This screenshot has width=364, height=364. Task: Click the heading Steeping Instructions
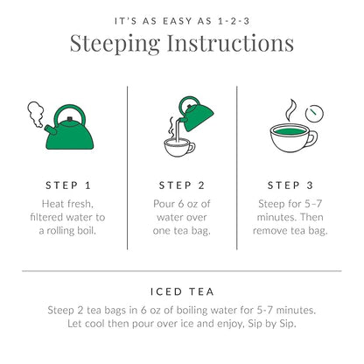tap(181, 43)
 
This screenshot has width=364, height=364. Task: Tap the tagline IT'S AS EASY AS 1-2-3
tap(181, 18)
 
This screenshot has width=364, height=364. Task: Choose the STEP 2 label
tap(182, 185)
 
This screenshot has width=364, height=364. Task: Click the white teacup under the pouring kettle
tap(178, 146)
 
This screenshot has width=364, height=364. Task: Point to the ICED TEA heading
tap(181, 291)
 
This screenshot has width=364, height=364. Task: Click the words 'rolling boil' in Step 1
tap(86, 230)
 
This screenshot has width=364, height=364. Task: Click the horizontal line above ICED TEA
tap(181, 270)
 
